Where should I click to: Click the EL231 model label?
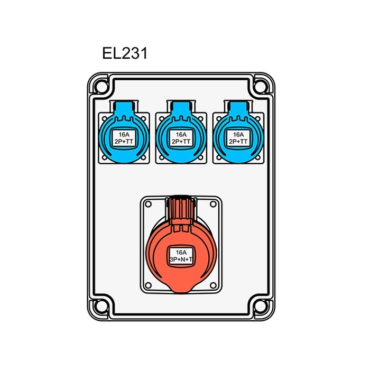tap(124, 54)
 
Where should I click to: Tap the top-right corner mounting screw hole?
tap(261, 84)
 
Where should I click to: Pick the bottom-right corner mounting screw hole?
tap(261, 307)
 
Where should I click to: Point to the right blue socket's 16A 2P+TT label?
tap(238, 138)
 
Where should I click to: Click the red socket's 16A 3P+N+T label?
tap(181, 256)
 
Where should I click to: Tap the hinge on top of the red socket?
tap(181, 205)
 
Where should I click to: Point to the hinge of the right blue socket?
tap(238, 107)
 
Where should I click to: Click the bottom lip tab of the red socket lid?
tap(181, 287)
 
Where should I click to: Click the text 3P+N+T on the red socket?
tap(181, 261)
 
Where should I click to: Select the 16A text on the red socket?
tap(181, 253)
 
